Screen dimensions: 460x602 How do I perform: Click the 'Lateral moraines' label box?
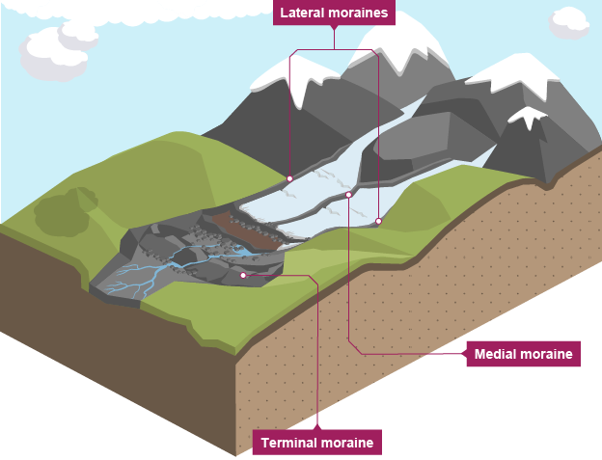(335, 14)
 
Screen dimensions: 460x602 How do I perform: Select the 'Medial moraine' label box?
(524, 354)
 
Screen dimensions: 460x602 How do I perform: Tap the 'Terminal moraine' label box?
(317, 443)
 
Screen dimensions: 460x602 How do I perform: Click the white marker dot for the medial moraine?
(348, 194)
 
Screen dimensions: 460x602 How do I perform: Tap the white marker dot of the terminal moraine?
(243, 275)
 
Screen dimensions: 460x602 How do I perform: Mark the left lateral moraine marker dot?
(289, 178)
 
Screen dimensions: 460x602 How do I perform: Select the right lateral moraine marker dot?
(378, 221)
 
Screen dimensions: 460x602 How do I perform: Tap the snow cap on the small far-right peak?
(528, 117)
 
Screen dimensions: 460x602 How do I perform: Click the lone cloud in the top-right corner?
(570, 21)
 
